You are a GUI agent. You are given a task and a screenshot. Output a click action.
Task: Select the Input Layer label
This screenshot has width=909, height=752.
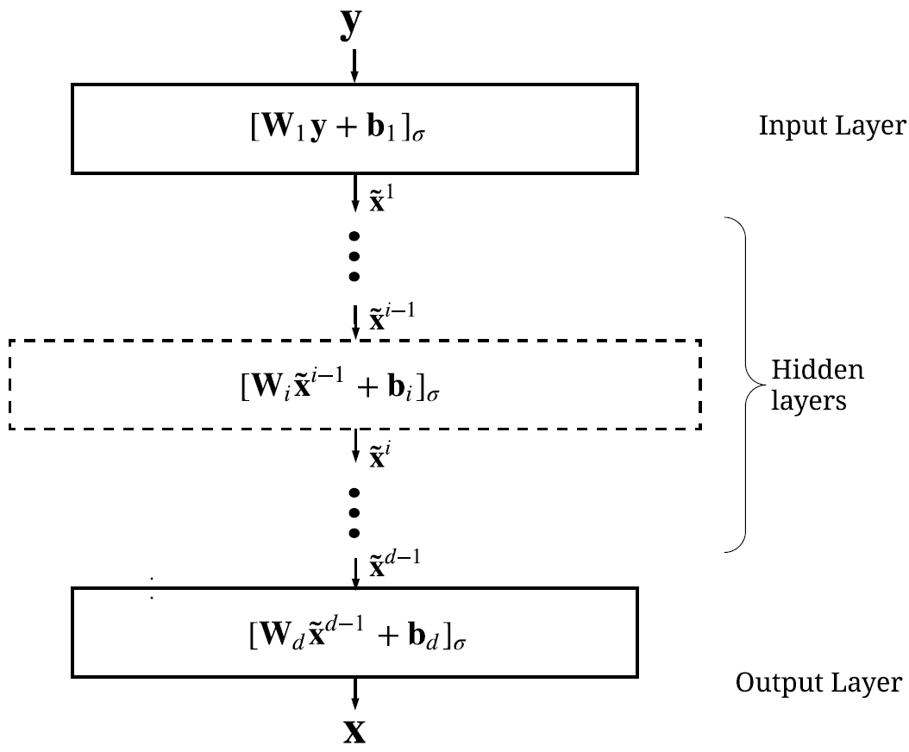832,127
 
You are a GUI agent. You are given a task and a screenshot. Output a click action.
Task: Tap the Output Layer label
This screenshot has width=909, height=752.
818,684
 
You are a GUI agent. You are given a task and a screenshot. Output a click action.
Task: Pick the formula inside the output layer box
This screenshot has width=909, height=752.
354,639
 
